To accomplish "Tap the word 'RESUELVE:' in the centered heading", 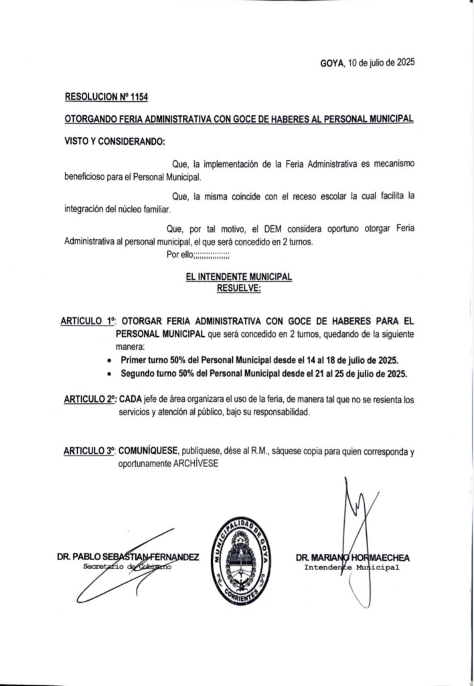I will tap(239, 287).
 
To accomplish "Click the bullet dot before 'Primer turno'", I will tap(109, 360).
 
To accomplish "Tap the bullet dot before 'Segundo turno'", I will tap(109, 373).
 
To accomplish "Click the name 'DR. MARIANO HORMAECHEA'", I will tap(352, 557).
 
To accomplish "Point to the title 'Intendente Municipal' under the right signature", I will tap(351, 567).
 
